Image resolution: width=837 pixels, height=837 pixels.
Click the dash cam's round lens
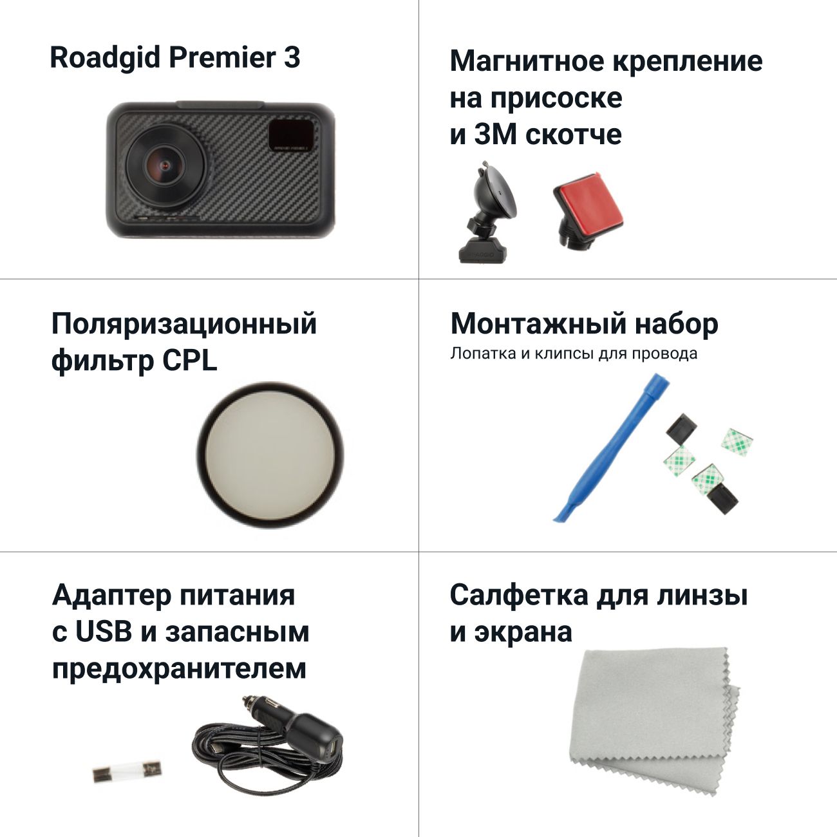pyautogui.click(x=167, y=165)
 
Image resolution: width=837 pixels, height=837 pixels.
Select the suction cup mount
pyautogui.click(x=488, y=212)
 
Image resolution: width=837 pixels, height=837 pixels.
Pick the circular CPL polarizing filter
pyautogui.click(x=270, y=455)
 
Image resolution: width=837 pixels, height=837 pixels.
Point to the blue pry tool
pyautogui.click(x=610, y=448)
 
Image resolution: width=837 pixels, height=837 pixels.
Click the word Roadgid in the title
pyautogui.click(x=105, y=58)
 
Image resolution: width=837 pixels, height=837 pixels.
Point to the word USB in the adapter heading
pyautogui.click(x=104, y=632)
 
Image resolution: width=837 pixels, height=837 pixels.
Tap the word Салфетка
pyautogui.click(x=519, y=595)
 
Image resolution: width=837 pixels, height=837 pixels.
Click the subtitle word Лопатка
pyautogui.click(x=483, y=353)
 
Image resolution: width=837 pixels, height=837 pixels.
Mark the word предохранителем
pyautogui.click(x=179, y=669)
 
